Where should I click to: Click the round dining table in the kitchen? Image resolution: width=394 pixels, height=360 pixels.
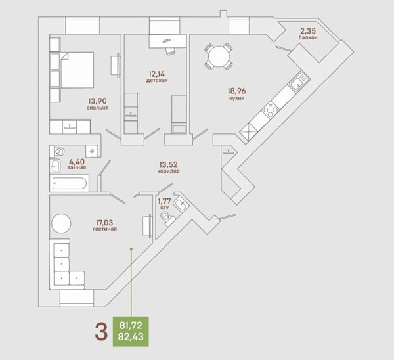point(219,56)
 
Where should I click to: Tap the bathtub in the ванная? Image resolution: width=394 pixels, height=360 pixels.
point(70,183)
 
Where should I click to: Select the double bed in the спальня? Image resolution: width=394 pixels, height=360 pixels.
point(77,70)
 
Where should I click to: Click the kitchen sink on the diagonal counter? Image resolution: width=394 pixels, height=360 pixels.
point(299,81)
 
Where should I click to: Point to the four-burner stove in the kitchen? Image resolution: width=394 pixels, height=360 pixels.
point(271,109)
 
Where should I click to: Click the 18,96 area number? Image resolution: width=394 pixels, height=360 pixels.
point(236,91)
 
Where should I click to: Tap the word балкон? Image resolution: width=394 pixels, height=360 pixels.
point(308,37)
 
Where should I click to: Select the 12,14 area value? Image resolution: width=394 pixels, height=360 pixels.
point(157,74)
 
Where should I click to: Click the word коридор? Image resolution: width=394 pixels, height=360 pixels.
point(168,171)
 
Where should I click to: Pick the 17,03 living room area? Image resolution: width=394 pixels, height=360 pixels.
point(104,223)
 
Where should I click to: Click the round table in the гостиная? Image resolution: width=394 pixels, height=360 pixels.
point(61,223)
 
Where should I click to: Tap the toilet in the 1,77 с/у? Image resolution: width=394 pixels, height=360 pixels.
point(167,218)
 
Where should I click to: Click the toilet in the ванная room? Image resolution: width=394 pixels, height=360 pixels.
point(58,151)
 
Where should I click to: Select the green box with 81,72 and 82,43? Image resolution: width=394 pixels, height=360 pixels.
point(131,331)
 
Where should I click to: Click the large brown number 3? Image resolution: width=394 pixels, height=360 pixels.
point(101,332)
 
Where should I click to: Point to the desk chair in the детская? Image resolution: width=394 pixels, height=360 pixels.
point(170,51)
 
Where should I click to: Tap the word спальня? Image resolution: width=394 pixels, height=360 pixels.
point(98,108)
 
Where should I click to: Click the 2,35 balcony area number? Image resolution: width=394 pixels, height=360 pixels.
point(308,31)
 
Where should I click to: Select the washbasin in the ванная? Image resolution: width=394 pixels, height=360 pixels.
point(55,166)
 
